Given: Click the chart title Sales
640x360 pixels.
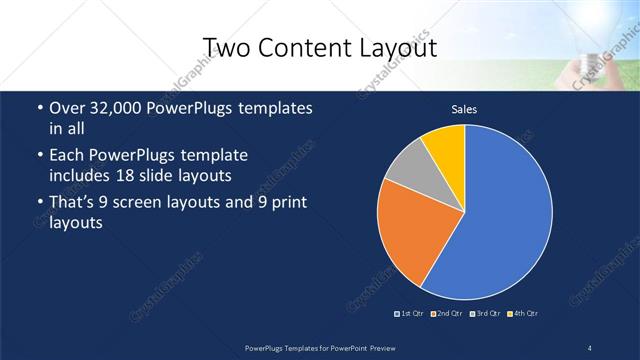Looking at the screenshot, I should coord(464,109).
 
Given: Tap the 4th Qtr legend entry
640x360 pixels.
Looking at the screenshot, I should coord(520,314).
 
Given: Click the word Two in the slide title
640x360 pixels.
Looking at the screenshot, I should coord(227,48).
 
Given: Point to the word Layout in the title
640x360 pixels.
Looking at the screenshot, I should coord(396,48).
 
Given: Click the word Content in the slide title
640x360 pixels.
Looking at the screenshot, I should coord(302,48).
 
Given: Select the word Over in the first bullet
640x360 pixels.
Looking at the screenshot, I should coord(65,108).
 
